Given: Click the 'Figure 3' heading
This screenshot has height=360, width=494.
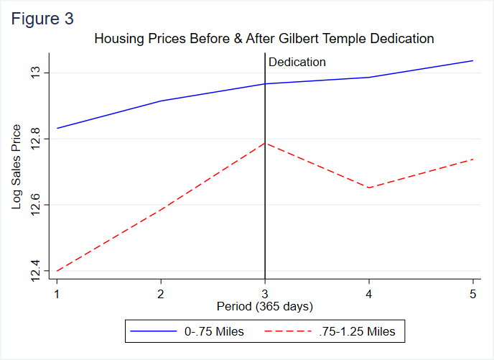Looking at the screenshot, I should click(42, 19).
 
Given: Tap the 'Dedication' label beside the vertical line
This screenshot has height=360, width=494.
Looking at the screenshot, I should click(297, 63).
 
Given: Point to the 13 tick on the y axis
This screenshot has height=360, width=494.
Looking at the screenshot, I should click(36, 73).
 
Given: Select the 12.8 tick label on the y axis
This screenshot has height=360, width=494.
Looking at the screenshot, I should click(36, 139).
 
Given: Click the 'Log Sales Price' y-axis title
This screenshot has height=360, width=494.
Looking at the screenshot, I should click(17, 167).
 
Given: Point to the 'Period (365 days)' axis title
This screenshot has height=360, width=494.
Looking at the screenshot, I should click(265, 307).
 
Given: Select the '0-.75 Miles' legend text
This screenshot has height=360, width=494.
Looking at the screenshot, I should click(214, 331).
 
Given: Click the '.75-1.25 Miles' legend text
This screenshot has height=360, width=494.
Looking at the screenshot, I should click(357, 331).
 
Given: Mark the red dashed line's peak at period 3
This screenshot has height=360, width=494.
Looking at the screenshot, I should click(265, 143).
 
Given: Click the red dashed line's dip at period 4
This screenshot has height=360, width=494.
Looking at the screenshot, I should click(369, 188).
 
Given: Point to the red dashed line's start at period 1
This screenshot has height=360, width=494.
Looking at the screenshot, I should click(56, 271).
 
